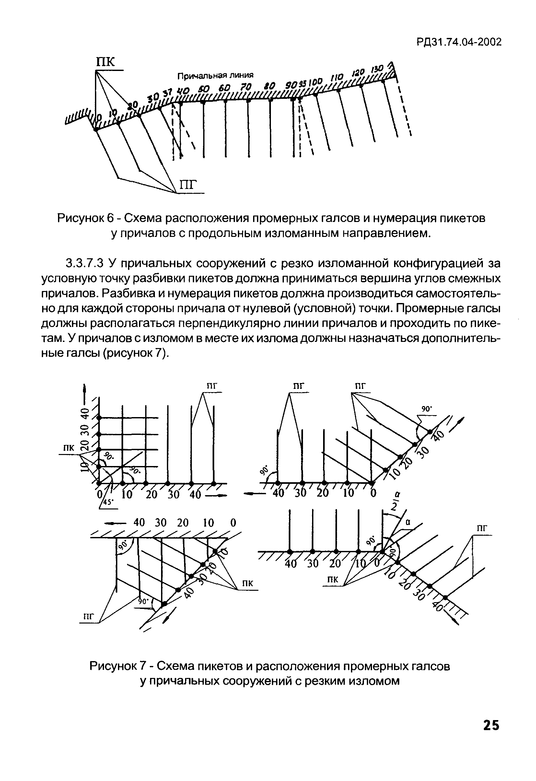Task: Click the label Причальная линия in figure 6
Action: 215,76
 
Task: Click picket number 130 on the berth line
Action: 376,69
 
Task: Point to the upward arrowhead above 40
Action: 85,389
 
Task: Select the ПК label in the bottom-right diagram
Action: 332,579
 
